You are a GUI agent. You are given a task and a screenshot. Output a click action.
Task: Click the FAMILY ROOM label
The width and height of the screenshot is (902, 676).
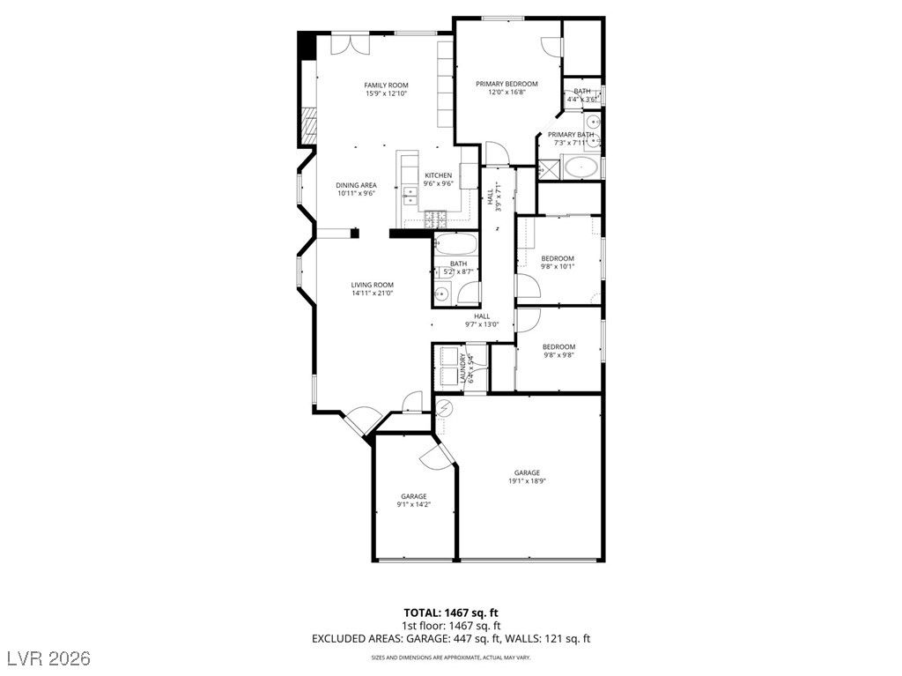pyautogui.click(x=386, y=85)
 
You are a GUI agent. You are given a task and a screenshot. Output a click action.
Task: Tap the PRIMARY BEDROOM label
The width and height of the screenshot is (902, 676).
pyautogui.click(x=506, y=84)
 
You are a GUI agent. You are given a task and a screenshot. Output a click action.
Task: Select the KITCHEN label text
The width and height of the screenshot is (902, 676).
pyautogui.click(x=438, y=175)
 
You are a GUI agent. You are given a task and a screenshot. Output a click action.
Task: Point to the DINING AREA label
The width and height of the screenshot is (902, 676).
pyautogui.click(x=356, y=185)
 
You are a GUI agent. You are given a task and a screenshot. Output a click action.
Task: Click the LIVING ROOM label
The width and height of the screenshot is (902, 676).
pyautogui.click(x=372, y=285)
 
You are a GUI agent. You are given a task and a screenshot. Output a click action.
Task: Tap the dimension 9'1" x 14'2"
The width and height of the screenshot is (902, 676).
pyautogui.click(x=414, y=505)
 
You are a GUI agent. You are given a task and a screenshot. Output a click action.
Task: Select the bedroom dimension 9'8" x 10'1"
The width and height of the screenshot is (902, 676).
pyautogui.click(x=558, y=266)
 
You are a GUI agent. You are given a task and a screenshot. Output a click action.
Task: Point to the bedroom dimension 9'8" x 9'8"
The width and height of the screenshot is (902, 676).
pyautogui.click(x=558, y=355)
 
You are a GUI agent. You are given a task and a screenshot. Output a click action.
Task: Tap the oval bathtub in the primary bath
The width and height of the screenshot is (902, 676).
pyautogui.click(x=581, y=167)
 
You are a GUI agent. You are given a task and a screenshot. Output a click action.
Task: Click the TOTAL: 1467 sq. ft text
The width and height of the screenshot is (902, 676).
pyautogui.click(x=451, y=612)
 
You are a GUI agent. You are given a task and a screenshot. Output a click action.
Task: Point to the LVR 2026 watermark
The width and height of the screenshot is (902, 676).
pyautogui.click(x=53, y=658)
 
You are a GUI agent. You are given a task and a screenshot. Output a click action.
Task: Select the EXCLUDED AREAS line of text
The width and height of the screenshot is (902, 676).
pyautogui.click(x=451, y=638)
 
